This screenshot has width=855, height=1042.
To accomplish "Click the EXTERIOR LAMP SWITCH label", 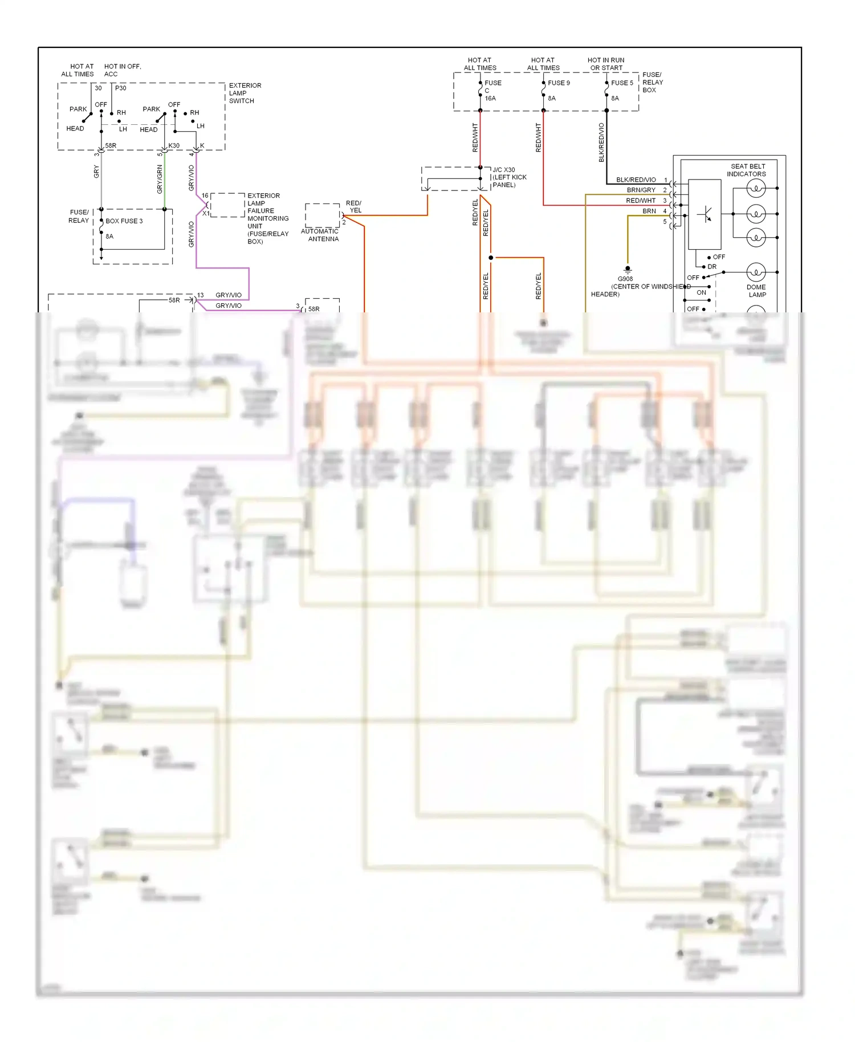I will [x=245, y=93].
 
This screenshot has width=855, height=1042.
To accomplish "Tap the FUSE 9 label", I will [x=559, y=83].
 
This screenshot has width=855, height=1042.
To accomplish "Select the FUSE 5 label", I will [x=622, y=83].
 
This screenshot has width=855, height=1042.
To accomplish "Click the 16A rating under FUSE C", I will [x=490, y=98].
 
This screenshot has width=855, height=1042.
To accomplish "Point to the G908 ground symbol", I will [x=628, y=268].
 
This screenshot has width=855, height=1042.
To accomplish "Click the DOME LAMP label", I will [x=756, y=291].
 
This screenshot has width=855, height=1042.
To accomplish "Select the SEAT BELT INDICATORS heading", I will [x=747, y=170].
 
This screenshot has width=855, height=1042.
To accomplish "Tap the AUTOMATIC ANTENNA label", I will [x=320, y=235].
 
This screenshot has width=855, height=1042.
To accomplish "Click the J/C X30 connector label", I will [x=504, y=170].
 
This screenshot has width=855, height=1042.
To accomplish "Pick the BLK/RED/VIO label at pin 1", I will [x=636, y=180].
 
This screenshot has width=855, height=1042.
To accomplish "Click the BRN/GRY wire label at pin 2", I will [x=641, y=190].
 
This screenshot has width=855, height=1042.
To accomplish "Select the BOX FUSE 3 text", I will [x=124, y=221].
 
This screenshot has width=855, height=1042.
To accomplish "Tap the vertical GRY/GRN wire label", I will [x=160, y=178].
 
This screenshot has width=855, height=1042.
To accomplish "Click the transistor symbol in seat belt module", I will [x=705, y=214].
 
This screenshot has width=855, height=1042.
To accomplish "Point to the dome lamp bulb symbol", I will [x=756, y=272].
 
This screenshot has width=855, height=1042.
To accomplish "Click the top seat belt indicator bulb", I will [x=756, y=188].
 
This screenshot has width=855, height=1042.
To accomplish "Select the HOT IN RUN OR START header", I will [x=606, y=64].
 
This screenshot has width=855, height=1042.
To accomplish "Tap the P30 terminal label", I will [x=120, y=88].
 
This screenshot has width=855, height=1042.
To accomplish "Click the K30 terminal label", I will [x=174, y=145].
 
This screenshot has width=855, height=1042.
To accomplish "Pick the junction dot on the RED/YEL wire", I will [x=491, y=258].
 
